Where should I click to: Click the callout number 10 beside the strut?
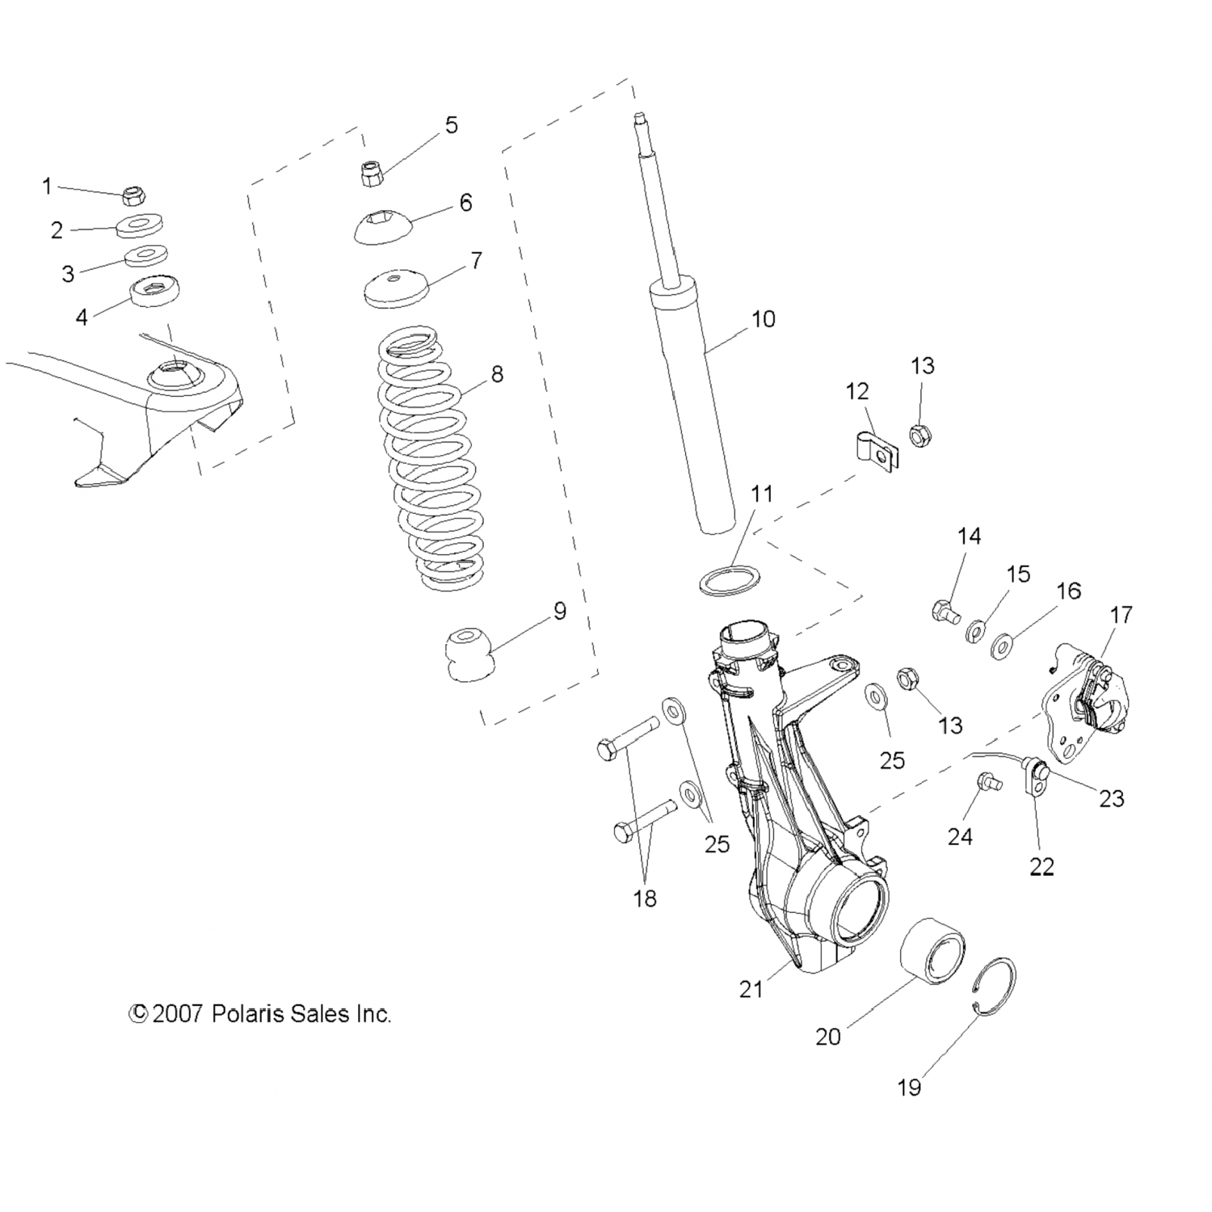click(763, 319)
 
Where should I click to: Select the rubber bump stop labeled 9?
click(468, 650)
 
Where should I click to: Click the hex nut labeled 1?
click(133, 196)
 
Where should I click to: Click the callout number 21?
click(751, 988)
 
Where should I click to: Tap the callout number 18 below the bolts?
click(645, 898)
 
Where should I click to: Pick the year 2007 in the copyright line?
click(177, 1014)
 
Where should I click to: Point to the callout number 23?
click(1111, 798)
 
